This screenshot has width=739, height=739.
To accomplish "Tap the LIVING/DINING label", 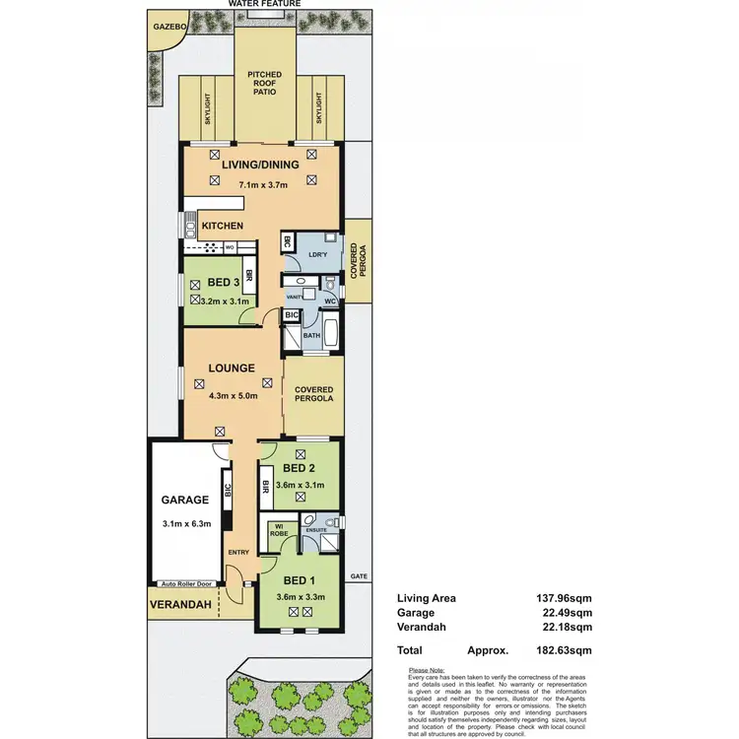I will pos(260,166).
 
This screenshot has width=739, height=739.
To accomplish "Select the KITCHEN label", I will pos(223,227).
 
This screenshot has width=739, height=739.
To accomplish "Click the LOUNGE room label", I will pos(232,369).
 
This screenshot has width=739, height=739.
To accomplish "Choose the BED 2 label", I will pos(299,468).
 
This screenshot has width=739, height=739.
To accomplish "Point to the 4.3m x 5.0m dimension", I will pos(234,396).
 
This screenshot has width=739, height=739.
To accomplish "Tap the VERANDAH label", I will pos(181,605).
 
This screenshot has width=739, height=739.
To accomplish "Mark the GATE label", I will pos(356,575).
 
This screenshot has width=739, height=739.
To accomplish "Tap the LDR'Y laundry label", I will pos(317,254).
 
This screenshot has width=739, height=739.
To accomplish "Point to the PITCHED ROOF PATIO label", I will pos(264,83).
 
